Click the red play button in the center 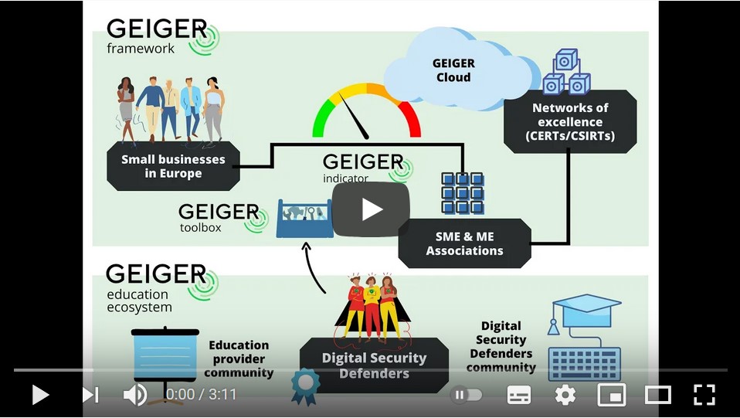click(x=371, y=209)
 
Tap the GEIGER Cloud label click(x=453, y=70)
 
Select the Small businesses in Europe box click(x=173, y=166)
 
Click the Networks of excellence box click(x=570, y=122)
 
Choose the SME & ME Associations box click(x=464, y=243)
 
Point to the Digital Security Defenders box click(x=374, y=365)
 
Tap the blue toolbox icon click(x=304, y=218)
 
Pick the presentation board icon click(x=166, y=359)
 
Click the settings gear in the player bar click(x=565, y=396)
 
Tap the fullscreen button click(x=704, y=396)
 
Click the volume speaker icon click(x=134, y=396)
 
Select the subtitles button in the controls click(x=519, y=396)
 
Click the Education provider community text click(x=238, y=359)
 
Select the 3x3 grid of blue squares click(x=462, y=193)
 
